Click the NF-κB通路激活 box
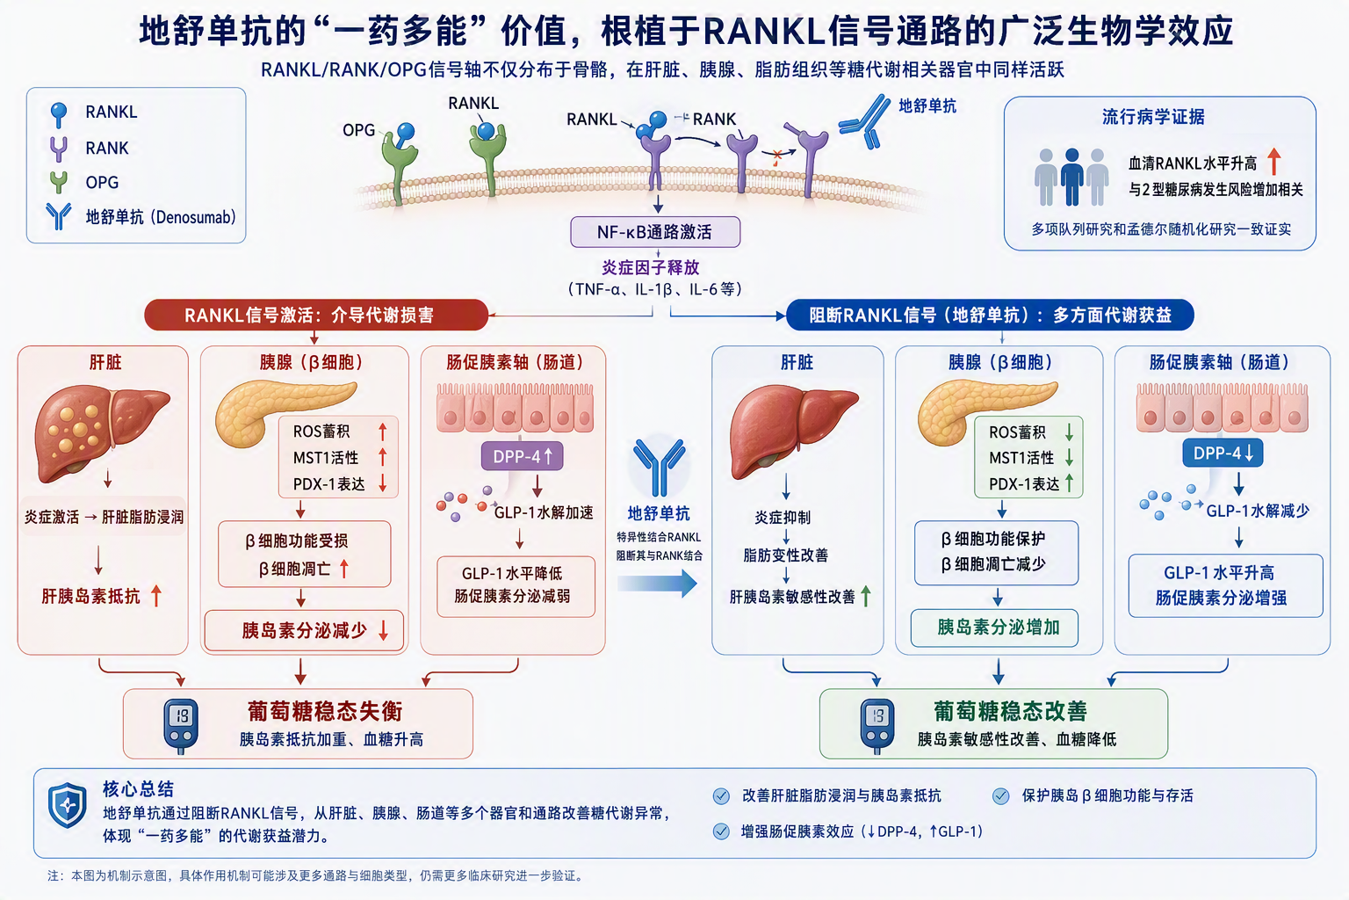pyautogui.click(x=655, y=232)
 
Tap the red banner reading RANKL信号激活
pyautogui.click(x=316, y=315)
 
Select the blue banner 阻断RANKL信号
pyautogui.click(x=990, y=315)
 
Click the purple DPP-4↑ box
pyautogui.click(x=523, y=456)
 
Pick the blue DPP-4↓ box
pyautogui.click(x=1223, y=453)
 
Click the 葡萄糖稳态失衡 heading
pyautogui.click(x=325, y=711)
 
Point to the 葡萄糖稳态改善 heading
pyautogui.click(x=1011, y=711)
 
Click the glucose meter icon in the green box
pyautogui.click(x=877, y=725)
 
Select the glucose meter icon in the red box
pyautogui.click(x=181, y=725)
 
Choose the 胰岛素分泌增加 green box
pyautogui.click(x=994, y=628)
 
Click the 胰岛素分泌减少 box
pyautogui.click(x=304, y=630)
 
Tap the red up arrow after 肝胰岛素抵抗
pyautogui.click(x=156, y=596)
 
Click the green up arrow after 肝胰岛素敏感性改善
pyautogui.click(x=866, y=596)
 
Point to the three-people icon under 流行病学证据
pyautogui.click(x=1071, y=177)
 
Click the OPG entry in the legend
pyautogui.click(x=84, y=182)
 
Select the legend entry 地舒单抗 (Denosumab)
pyautogui.click(x=141, y=217)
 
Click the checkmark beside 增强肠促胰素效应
pyautogui.click(x=721, y=831)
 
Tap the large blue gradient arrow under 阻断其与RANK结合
pyautogui.click(x=657, y=583)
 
